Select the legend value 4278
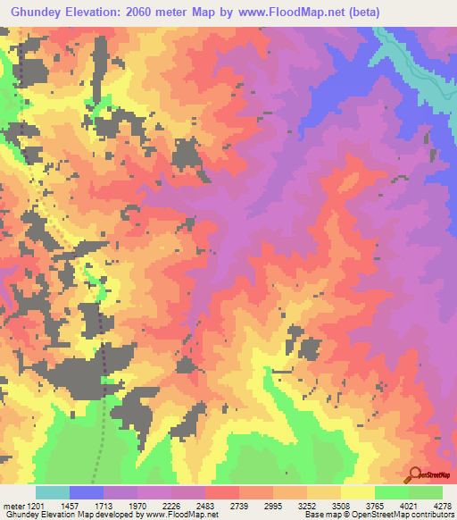coord(443,506)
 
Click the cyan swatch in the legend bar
coord(53,492)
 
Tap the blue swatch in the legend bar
coord(87,492)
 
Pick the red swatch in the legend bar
coord(222,492)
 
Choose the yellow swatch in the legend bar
coord(358,492)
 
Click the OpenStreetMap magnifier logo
coord(415,474)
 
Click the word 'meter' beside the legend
coord(12,506)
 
